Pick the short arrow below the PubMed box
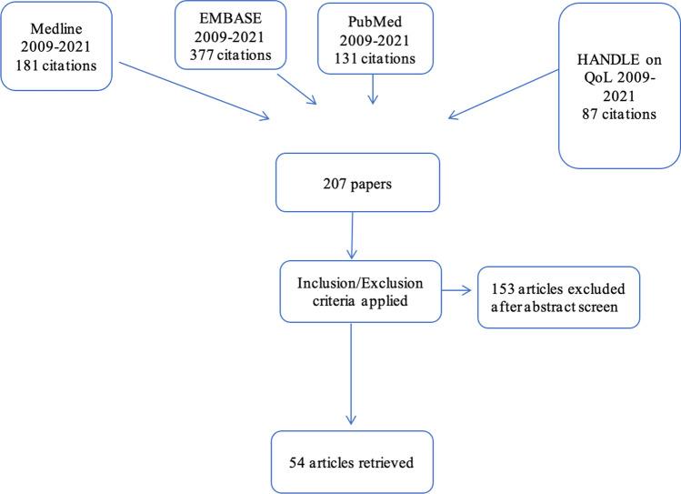pyautogui.click(x=375, y=87)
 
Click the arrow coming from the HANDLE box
pyautogui.click(x=504, y=94)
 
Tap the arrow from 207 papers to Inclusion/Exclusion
pyautogui.click(x=352, y=237)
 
